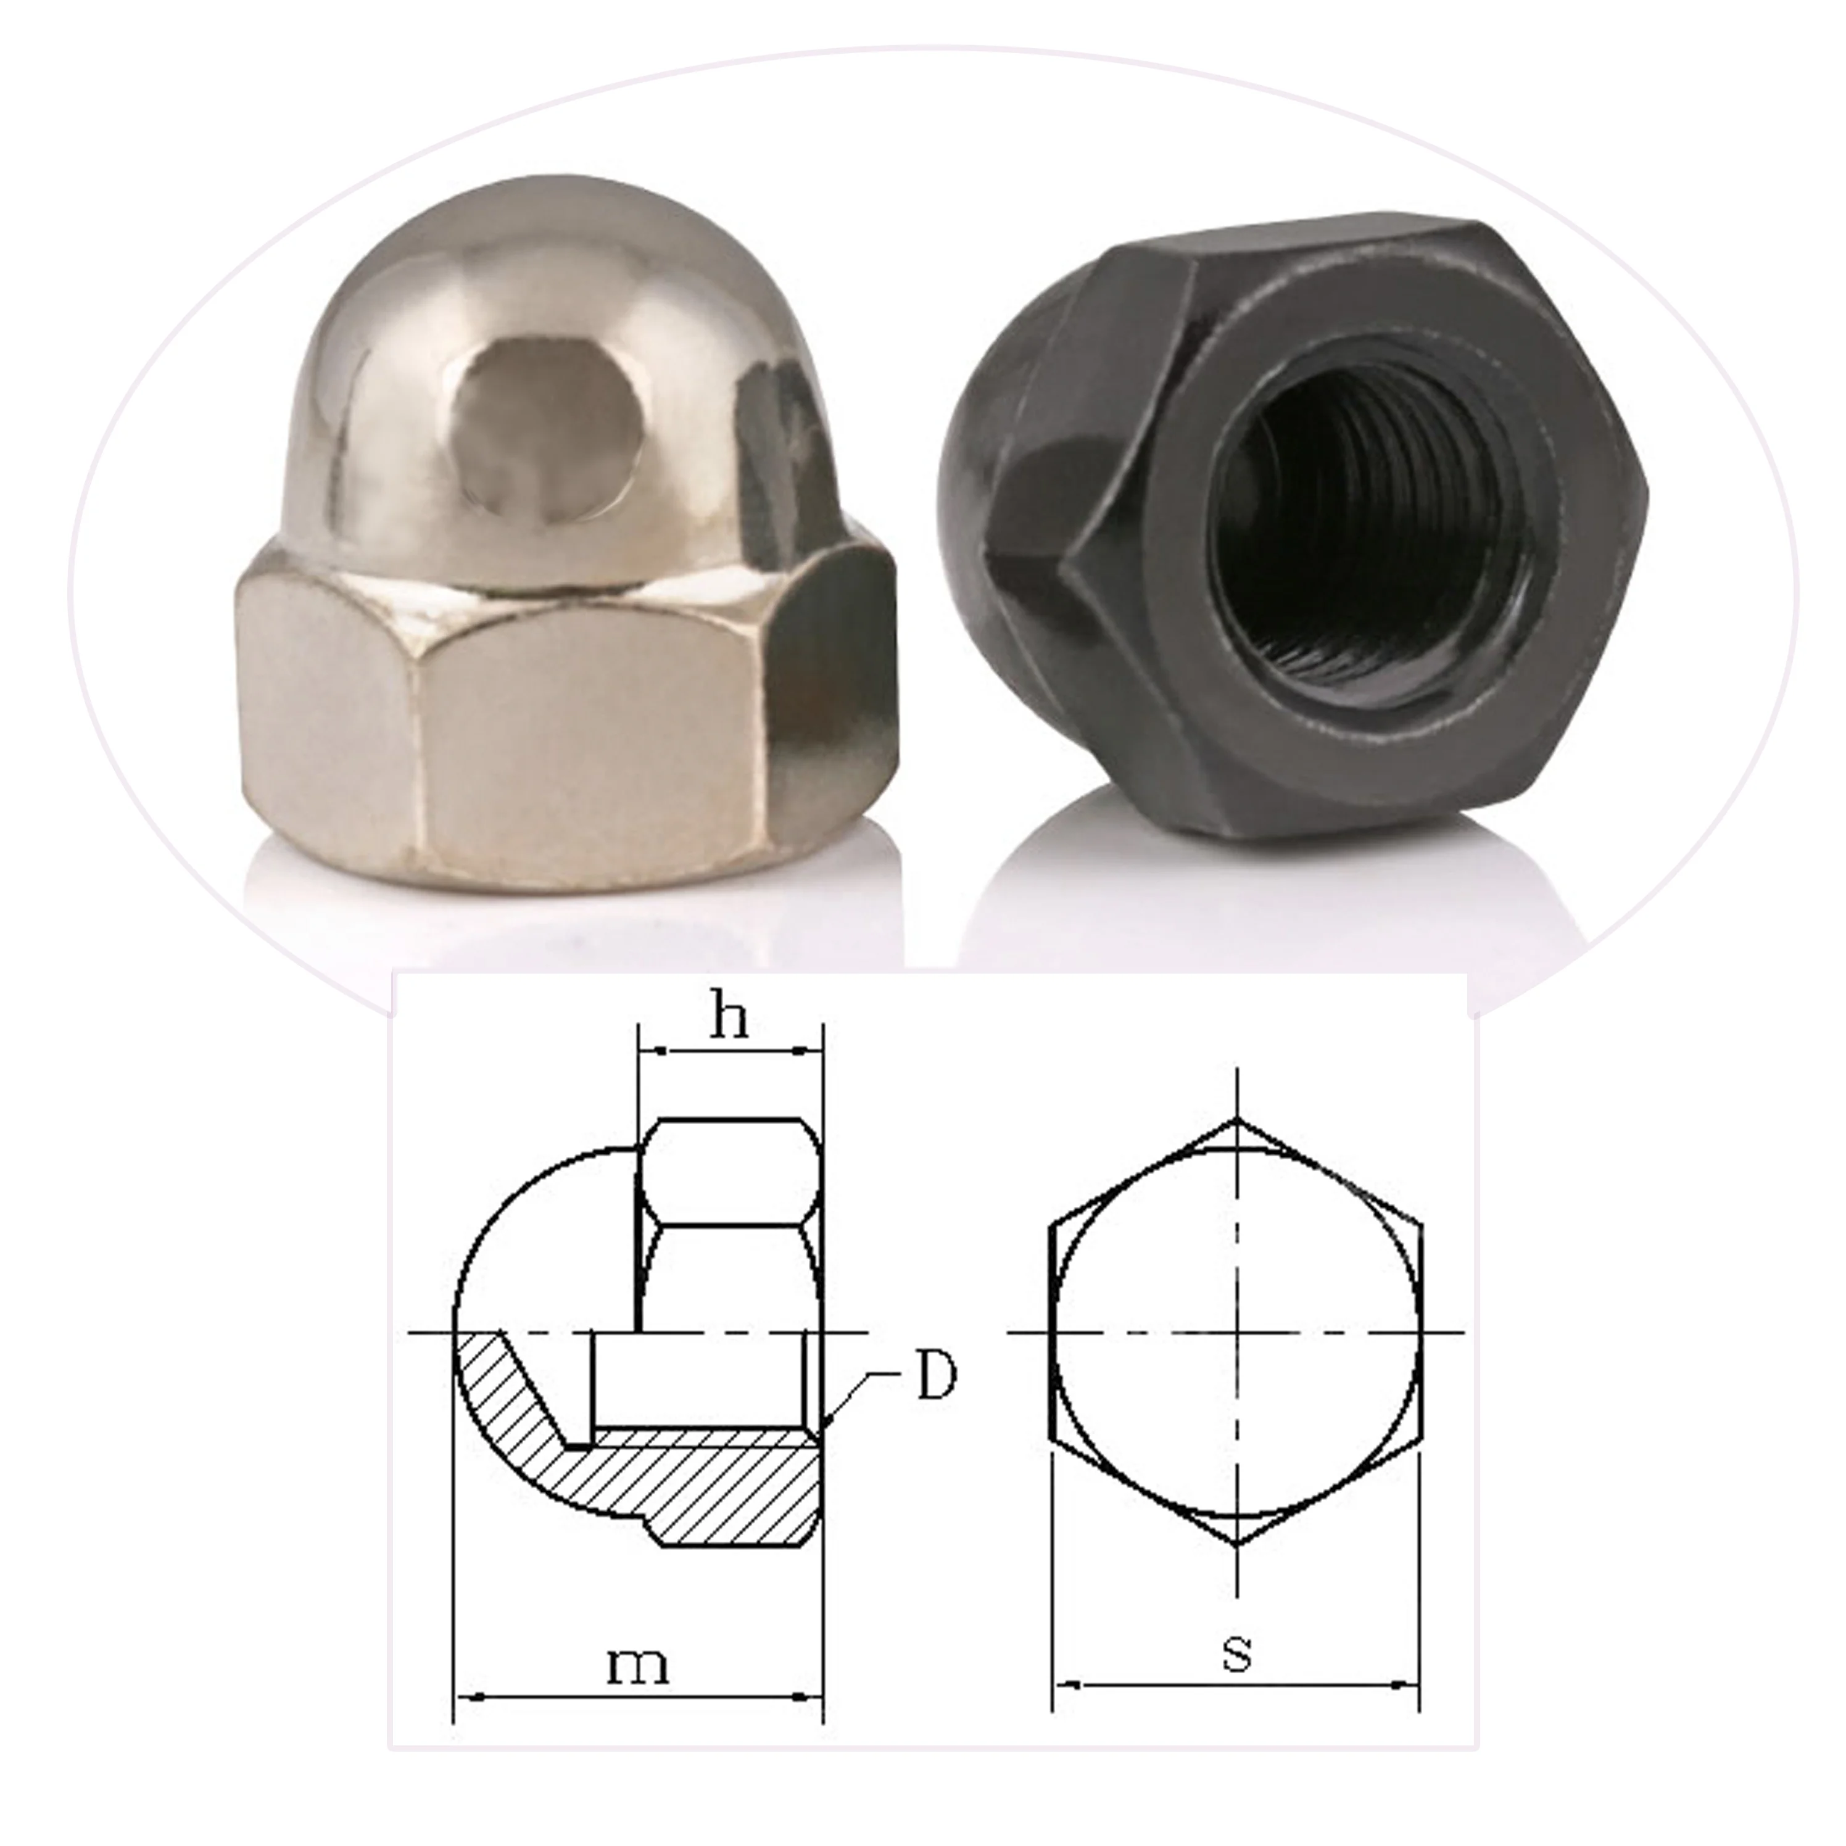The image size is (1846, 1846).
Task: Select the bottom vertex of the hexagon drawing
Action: coord(1238,1544)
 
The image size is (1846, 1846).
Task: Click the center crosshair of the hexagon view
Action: coord(1238,1332)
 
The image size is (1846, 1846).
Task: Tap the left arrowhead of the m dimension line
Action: coord(463,1697)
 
